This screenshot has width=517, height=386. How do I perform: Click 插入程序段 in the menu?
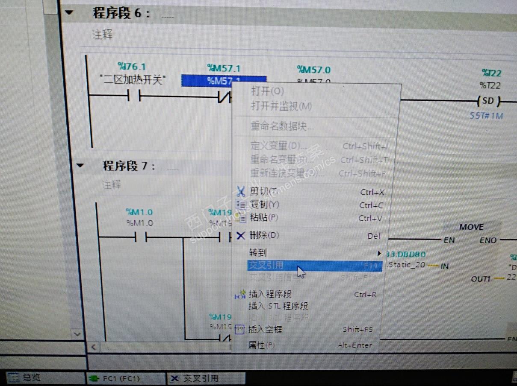[270, 294]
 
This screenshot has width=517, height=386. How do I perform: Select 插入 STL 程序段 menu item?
[278, 306]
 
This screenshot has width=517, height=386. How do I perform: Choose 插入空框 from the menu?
[265, 329]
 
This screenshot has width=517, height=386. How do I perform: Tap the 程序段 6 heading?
[121, 13]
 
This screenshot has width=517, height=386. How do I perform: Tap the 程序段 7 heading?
[129, 166]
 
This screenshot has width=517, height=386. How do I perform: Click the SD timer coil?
[487, 102]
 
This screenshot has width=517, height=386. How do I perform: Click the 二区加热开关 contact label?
[133, 80]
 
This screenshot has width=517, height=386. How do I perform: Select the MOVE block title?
[471, 227]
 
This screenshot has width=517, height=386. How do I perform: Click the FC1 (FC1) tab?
[121, 378]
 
